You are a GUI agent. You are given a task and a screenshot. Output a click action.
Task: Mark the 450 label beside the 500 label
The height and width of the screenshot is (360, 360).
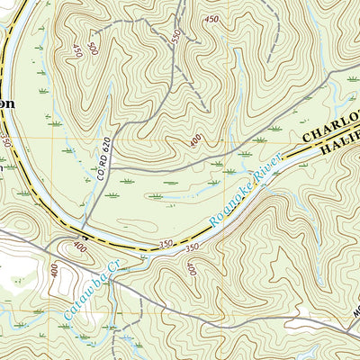(x=77, y=51)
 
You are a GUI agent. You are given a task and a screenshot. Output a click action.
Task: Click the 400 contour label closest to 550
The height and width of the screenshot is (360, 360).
(x=195, y=140)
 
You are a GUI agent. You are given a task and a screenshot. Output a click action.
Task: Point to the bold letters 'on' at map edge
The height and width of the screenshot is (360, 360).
(x=7, y=103)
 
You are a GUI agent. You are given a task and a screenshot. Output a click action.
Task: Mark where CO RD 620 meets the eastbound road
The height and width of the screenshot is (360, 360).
(x=112, y=169)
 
